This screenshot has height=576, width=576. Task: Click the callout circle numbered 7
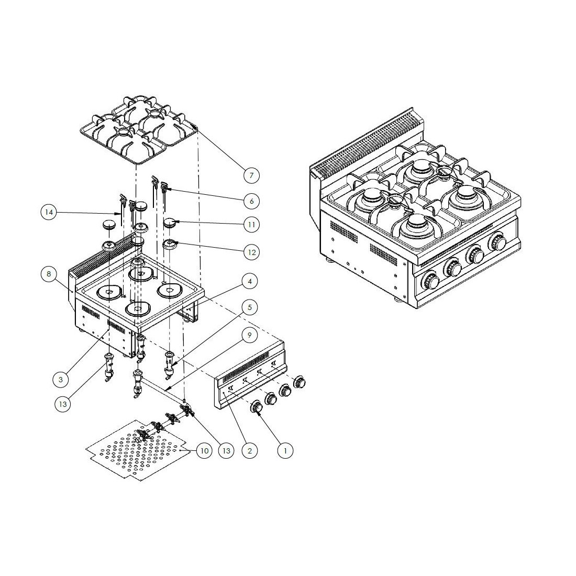pyautogui.click(x=251, y=175)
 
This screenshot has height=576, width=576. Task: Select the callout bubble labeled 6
pyautogui.click(x=251, y=201)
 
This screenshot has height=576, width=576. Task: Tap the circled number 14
pyautogui.click(x=49, y=212)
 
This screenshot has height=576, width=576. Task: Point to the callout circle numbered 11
pyautogui.click(x=251, y=225)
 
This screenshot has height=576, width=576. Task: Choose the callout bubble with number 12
pyautogui.click(x=251, y=252)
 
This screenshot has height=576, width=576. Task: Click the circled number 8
pyautogui.click(x=49, y=273)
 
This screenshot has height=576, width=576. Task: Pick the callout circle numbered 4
pyautogui.click(x=250, y=282)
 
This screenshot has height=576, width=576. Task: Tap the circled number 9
pyautogui.click(x=250, y=335)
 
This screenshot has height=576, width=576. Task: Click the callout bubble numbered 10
pyautogui.click(x=204, y=450)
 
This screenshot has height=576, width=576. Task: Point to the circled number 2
pyautogui.click(x=250, y=450)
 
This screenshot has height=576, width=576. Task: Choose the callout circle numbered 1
pyautogui.click(x=285, y=450)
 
